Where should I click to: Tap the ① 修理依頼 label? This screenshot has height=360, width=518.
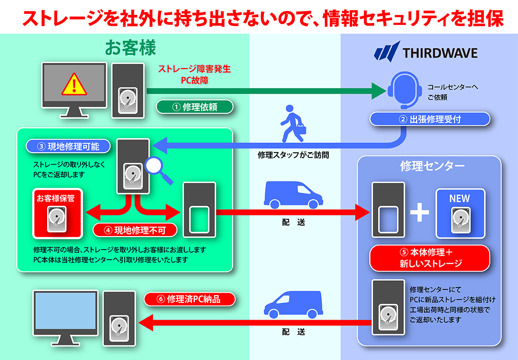[x=195, y=107]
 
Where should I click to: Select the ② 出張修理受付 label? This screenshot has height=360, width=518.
[x=430, y=119]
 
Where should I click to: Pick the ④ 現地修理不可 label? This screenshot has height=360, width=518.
[x=135, y=230]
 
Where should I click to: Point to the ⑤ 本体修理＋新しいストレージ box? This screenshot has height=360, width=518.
[x=430, y=258]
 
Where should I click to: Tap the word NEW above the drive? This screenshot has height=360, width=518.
[x=459, y=198]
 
